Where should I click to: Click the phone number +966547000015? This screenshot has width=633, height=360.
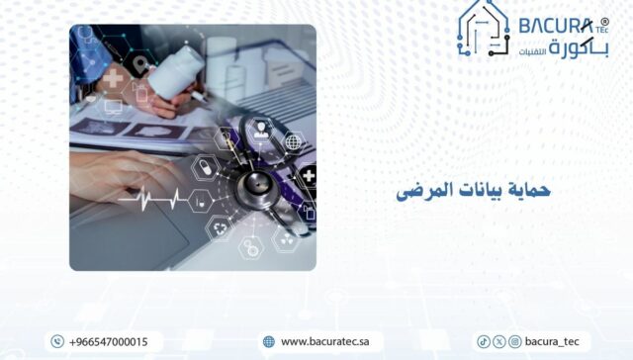[109, 341]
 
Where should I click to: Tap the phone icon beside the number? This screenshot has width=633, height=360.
[56, 341]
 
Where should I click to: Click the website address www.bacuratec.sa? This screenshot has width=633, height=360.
[324, 341]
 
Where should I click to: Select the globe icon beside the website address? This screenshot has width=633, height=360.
[268, 341]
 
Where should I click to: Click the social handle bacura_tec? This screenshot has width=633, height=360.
[552, 341]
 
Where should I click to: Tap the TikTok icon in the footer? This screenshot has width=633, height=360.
[484, 341]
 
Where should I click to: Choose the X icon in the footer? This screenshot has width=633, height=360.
[498, 341]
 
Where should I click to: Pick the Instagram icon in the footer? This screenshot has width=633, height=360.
[514, 341]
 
